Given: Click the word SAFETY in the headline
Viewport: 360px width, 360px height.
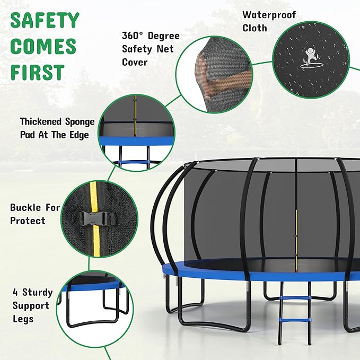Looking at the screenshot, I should click(x=45, y=21).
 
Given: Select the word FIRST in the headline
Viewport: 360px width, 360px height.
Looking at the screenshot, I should click(x=37, y=72).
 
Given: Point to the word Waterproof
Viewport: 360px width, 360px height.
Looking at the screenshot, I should click(x=269, y=14).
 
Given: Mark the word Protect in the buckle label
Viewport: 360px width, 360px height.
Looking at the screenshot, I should click(x=28, y=221).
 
